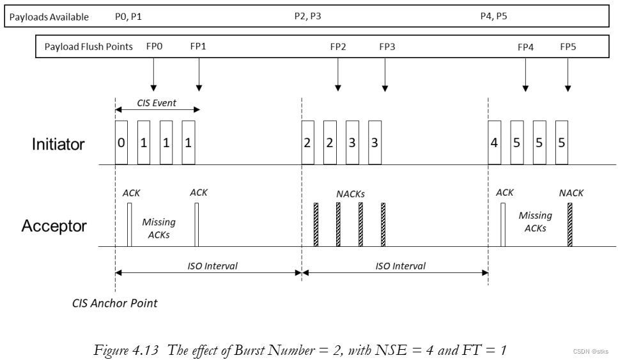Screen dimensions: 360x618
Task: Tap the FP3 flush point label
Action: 387,47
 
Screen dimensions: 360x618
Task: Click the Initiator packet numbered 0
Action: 121,142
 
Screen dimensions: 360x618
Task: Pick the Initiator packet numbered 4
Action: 494,142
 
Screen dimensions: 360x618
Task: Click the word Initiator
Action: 58,144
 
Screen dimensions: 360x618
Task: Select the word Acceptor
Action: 54,226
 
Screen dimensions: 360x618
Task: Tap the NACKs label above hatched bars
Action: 351,192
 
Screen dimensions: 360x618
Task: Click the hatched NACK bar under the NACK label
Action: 569,225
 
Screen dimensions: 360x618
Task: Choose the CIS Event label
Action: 157,102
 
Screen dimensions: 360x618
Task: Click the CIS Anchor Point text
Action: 114,303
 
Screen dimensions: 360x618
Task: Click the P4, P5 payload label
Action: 494,17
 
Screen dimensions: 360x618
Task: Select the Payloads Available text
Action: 49,17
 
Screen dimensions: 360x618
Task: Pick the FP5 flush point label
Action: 568,47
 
